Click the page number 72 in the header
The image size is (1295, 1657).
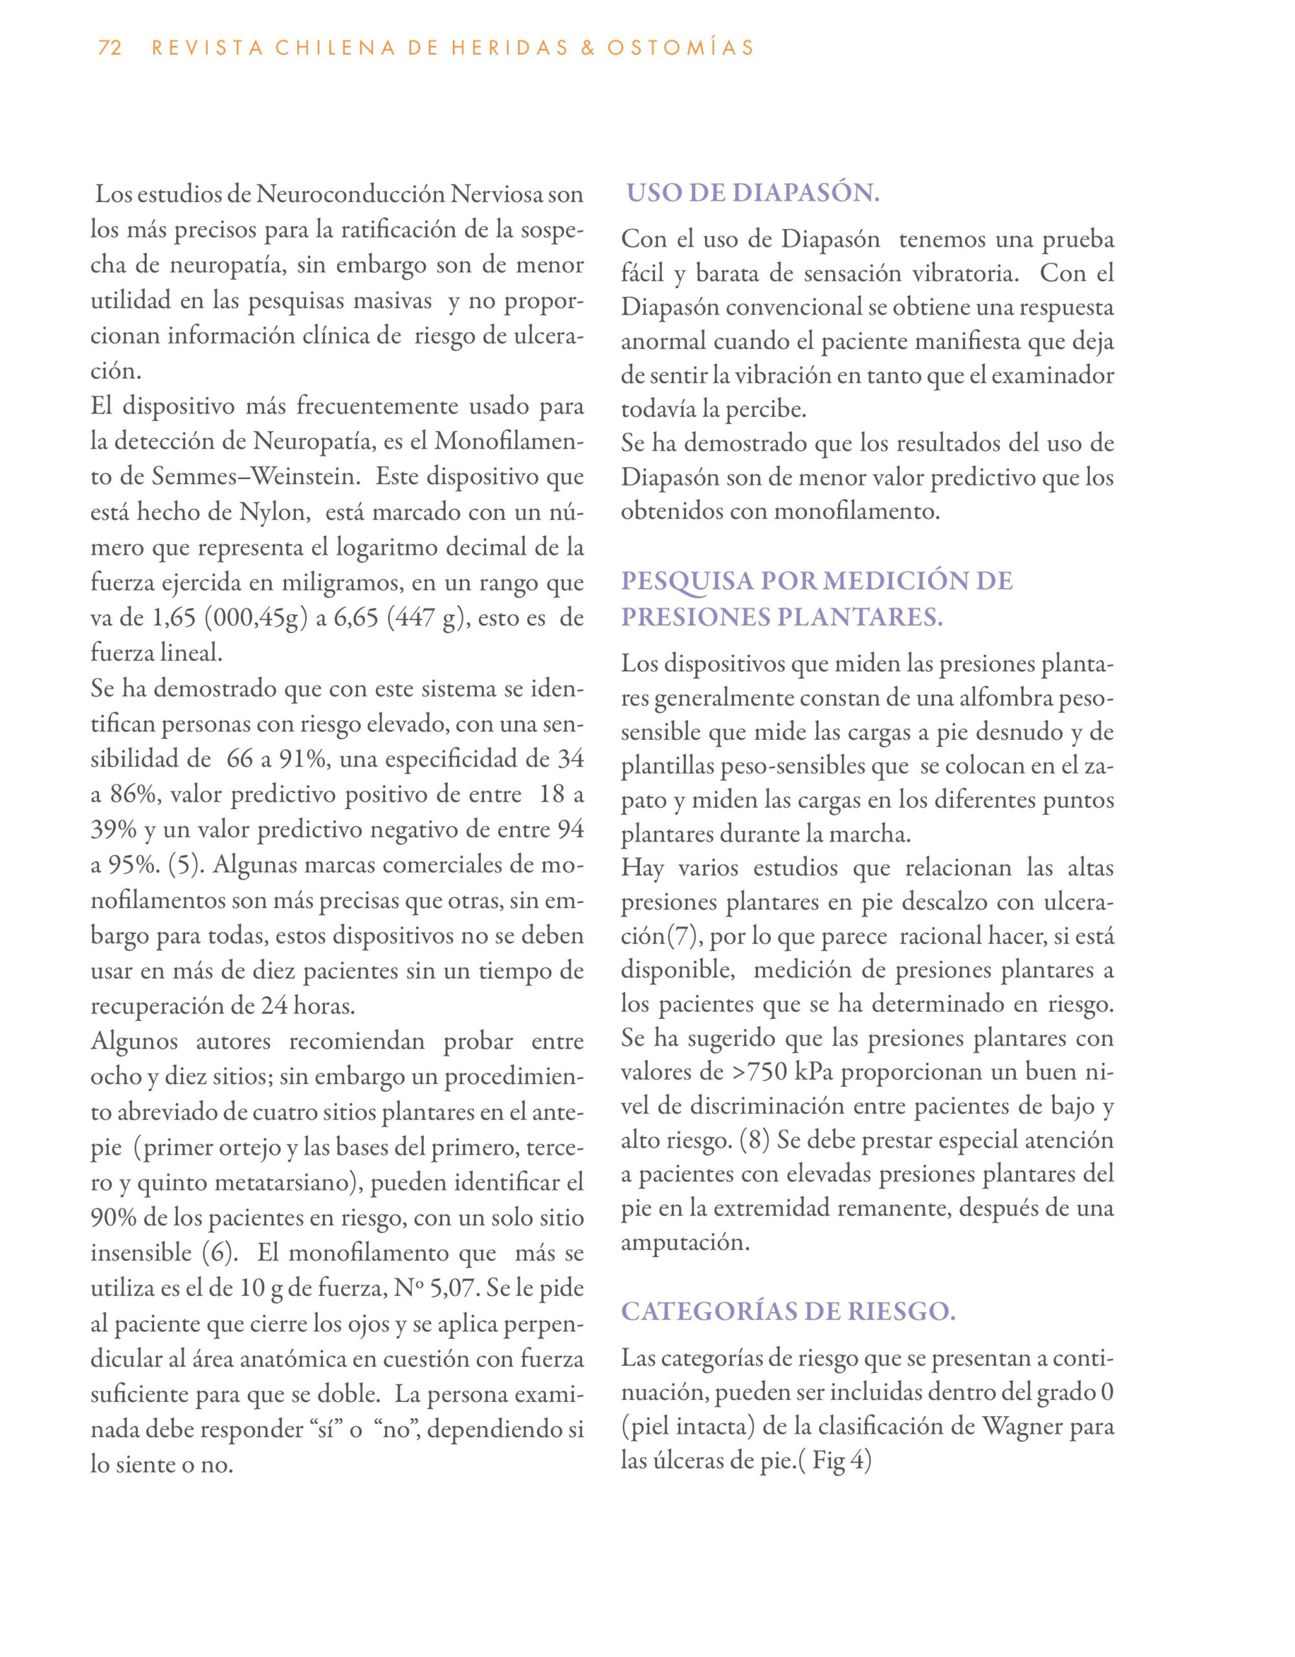pos(110,49)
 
